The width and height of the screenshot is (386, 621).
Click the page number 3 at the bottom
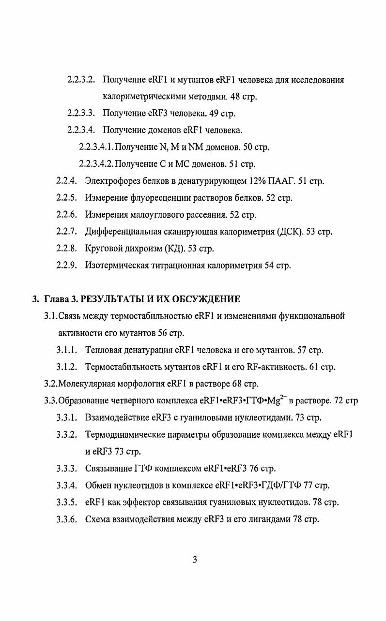[x=195, y=560]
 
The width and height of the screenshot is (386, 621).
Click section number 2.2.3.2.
[x=81, y=79]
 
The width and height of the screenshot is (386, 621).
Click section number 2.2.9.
[x=67, y=266]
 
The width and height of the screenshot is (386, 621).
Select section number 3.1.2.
[x=67, y=367]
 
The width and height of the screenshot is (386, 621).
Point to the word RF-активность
[x=276, y=367]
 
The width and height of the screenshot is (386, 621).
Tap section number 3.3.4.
[x=67, y=485]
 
